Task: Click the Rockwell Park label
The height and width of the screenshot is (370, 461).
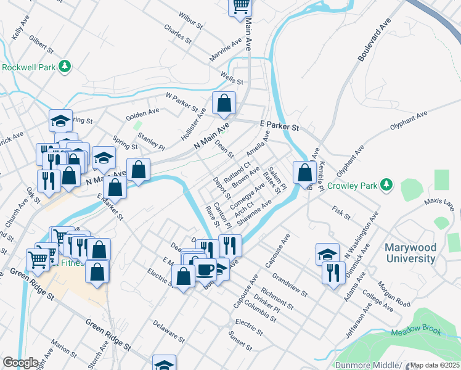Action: click(29, 67)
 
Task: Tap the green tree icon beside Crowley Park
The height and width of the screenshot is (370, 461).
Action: click(386, 184)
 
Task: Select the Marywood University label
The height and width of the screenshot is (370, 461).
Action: click(410, 253)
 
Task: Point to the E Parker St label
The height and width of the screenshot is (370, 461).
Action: click(279, 126)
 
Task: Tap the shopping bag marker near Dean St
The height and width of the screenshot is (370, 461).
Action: click(224, 103)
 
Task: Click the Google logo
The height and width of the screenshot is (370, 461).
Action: click(20, 363)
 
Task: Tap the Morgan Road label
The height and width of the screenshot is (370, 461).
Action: click(394, 295)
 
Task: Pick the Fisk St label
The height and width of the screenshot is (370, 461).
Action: click(341, 213)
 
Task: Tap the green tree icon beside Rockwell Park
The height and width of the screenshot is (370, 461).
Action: click(64, 66)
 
